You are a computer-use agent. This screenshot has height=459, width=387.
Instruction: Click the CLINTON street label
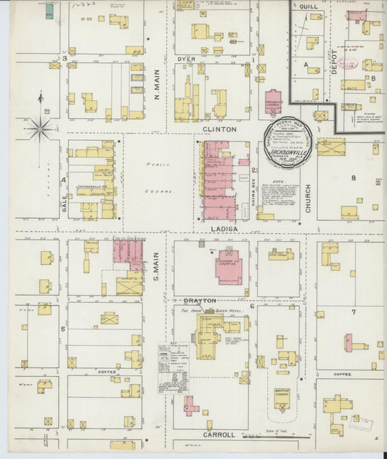[x=222, y=129]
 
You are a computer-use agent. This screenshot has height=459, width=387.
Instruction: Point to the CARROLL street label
[x=219, y=434]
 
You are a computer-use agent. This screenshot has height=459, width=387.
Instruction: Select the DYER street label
[x=187, y=59]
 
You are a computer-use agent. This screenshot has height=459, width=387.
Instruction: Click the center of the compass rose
[x=40, y=129]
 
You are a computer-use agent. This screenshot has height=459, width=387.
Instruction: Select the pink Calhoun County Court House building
[x=229, y=269]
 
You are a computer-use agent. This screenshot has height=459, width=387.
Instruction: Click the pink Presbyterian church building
[x=273, y=102]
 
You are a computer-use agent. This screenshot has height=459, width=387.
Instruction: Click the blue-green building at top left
[x=48, y=12]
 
